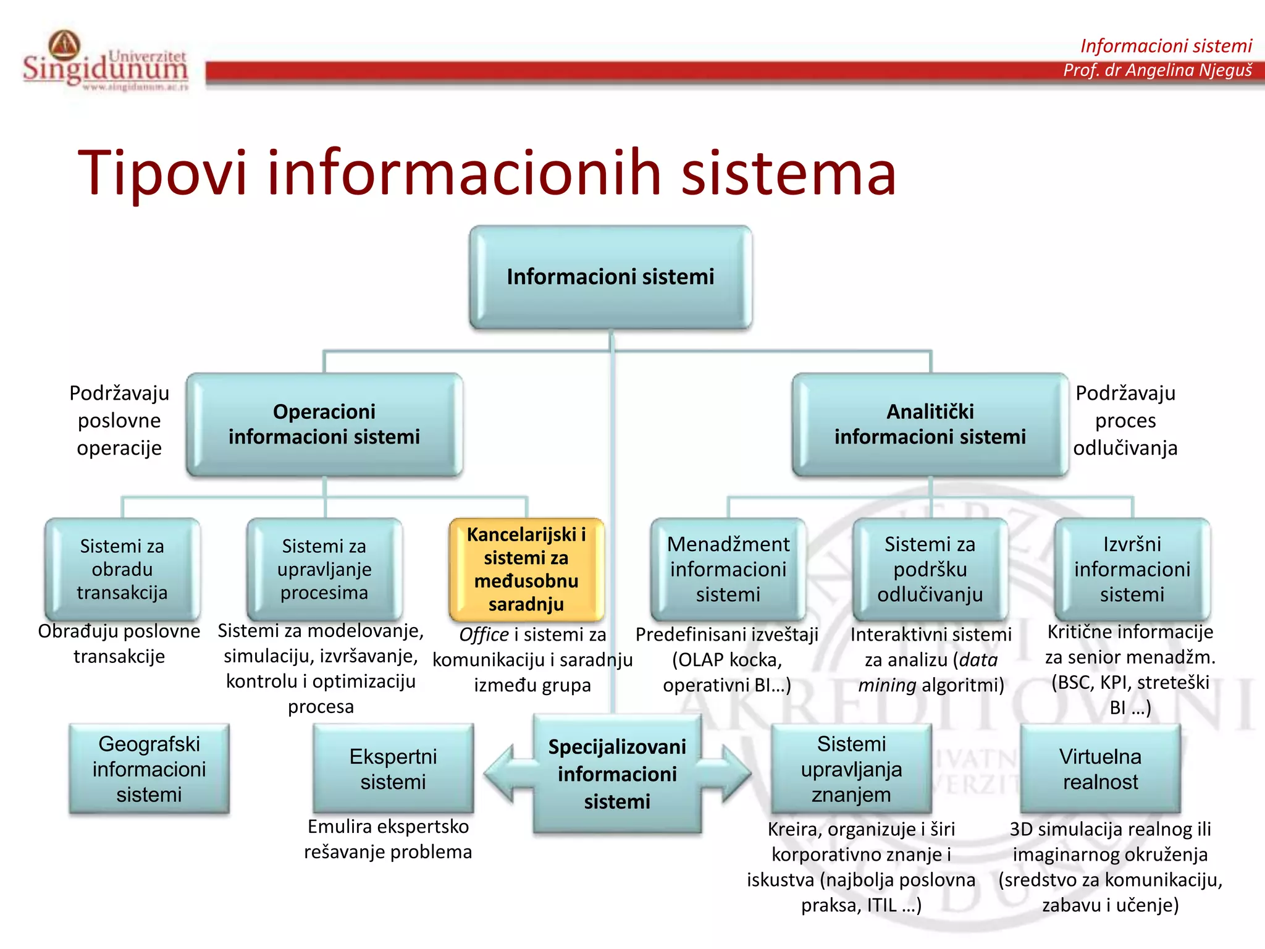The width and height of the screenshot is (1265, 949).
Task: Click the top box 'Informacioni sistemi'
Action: tap(610, 277)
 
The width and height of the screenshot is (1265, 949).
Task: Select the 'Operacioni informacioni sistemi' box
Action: tap(324, 424)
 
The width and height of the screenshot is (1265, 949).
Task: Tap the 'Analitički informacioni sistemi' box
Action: tap(930, 424)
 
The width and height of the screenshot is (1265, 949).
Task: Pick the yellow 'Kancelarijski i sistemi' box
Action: tap(526, 569)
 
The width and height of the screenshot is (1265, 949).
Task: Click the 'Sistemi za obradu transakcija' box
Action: tap(122, 569)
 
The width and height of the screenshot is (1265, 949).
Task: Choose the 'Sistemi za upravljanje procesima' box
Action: tap(324, 569)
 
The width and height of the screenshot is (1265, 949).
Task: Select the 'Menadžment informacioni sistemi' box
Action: tap(728, 569)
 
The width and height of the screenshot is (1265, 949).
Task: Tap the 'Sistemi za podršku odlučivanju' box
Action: tap(930, 569)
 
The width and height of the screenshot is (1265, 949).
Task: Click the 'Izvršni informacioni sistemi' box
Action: tap(1132, 569)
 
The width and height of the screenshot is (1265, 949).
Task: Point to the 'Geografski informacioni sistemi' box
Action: tap(149, 769)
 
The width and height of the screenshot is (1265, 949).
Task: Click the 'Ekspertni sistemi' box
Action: tap(393, 769)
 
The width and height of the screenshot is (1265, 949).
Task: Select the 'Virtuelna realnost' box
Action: tap(1100, 769)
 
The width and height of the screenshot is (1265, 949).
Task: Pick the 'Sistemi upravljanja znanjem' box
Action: tap(851, 769)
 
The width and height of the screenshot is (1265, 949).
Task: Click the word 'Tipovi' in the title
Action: tap(162, 173)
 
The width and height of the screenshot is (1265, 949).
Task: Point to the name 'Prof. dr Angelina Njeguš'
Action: tap(1157, 70)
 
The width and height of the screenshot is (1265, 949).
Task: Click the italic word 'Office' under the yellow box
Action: tap(484, 635)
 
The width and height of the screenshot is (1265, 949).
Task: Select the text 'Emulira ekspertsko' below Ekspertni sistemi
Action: tap(388, 827)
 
